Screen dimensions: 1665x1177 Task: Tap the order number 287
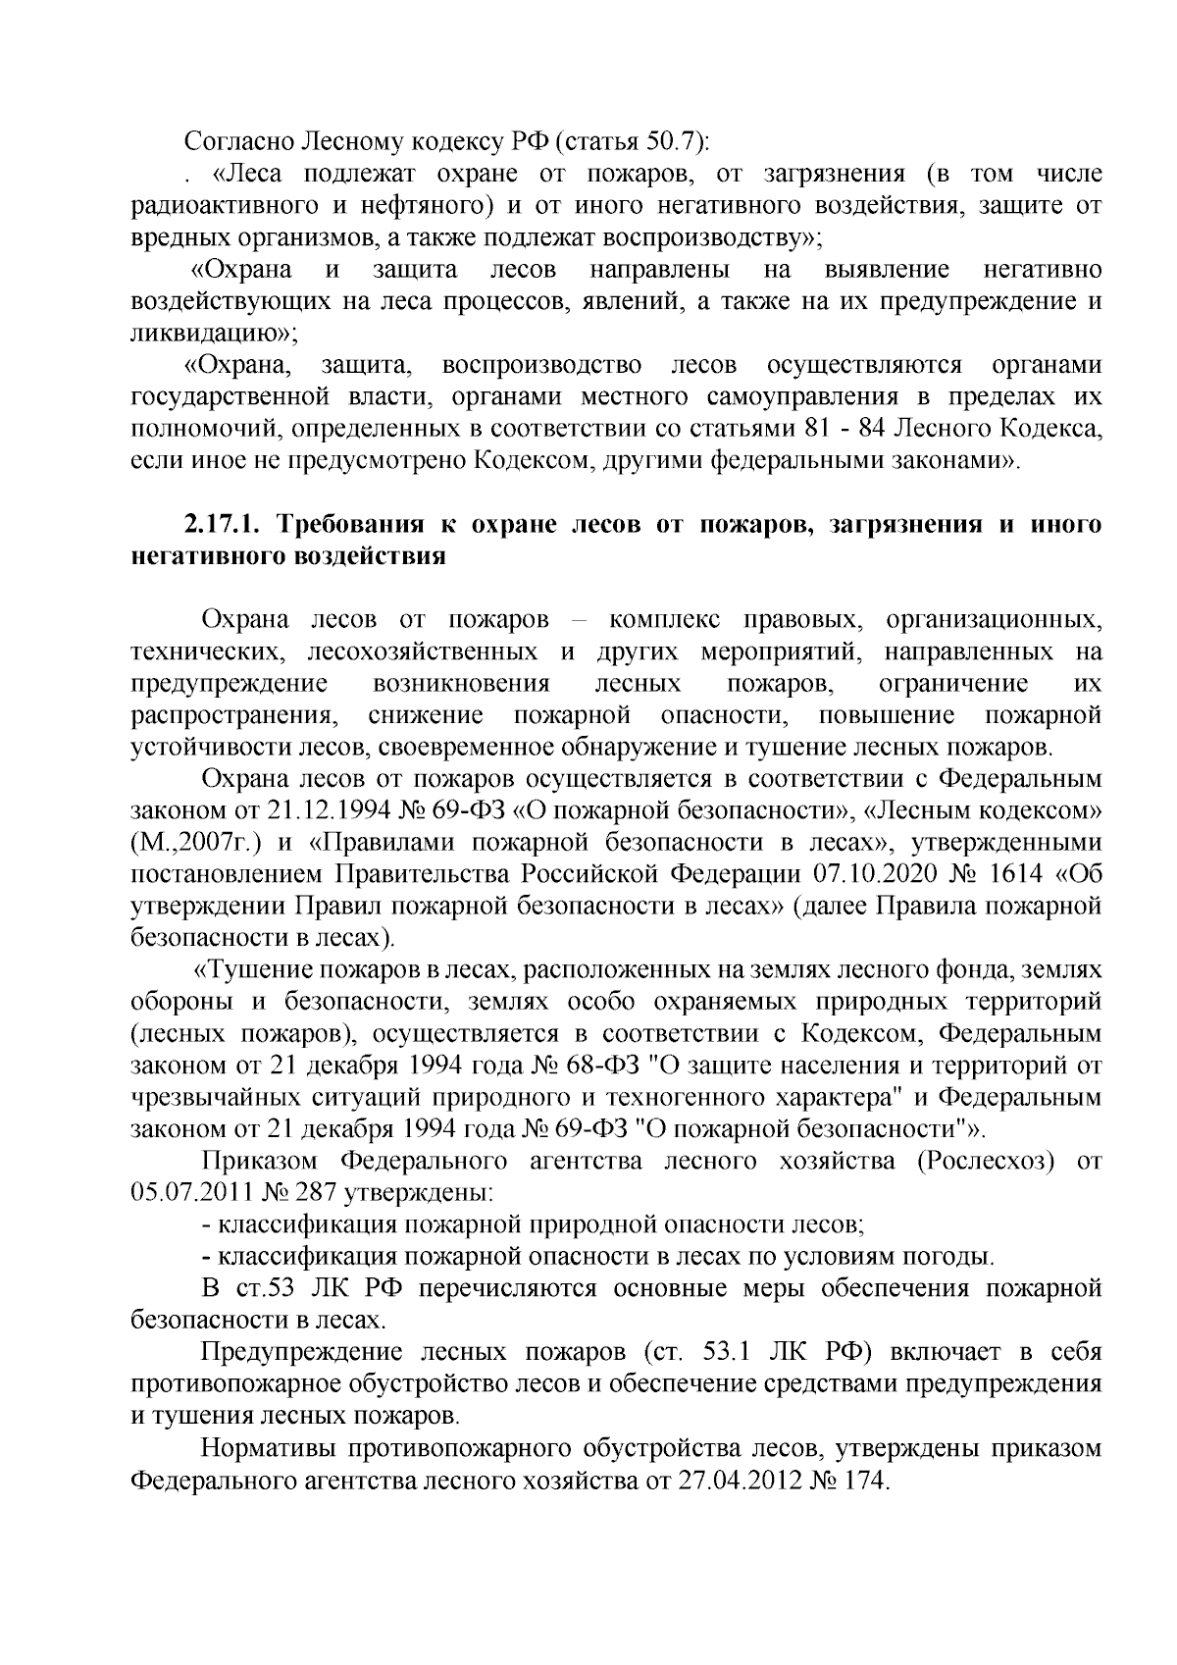click(x=304, y=1193)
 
